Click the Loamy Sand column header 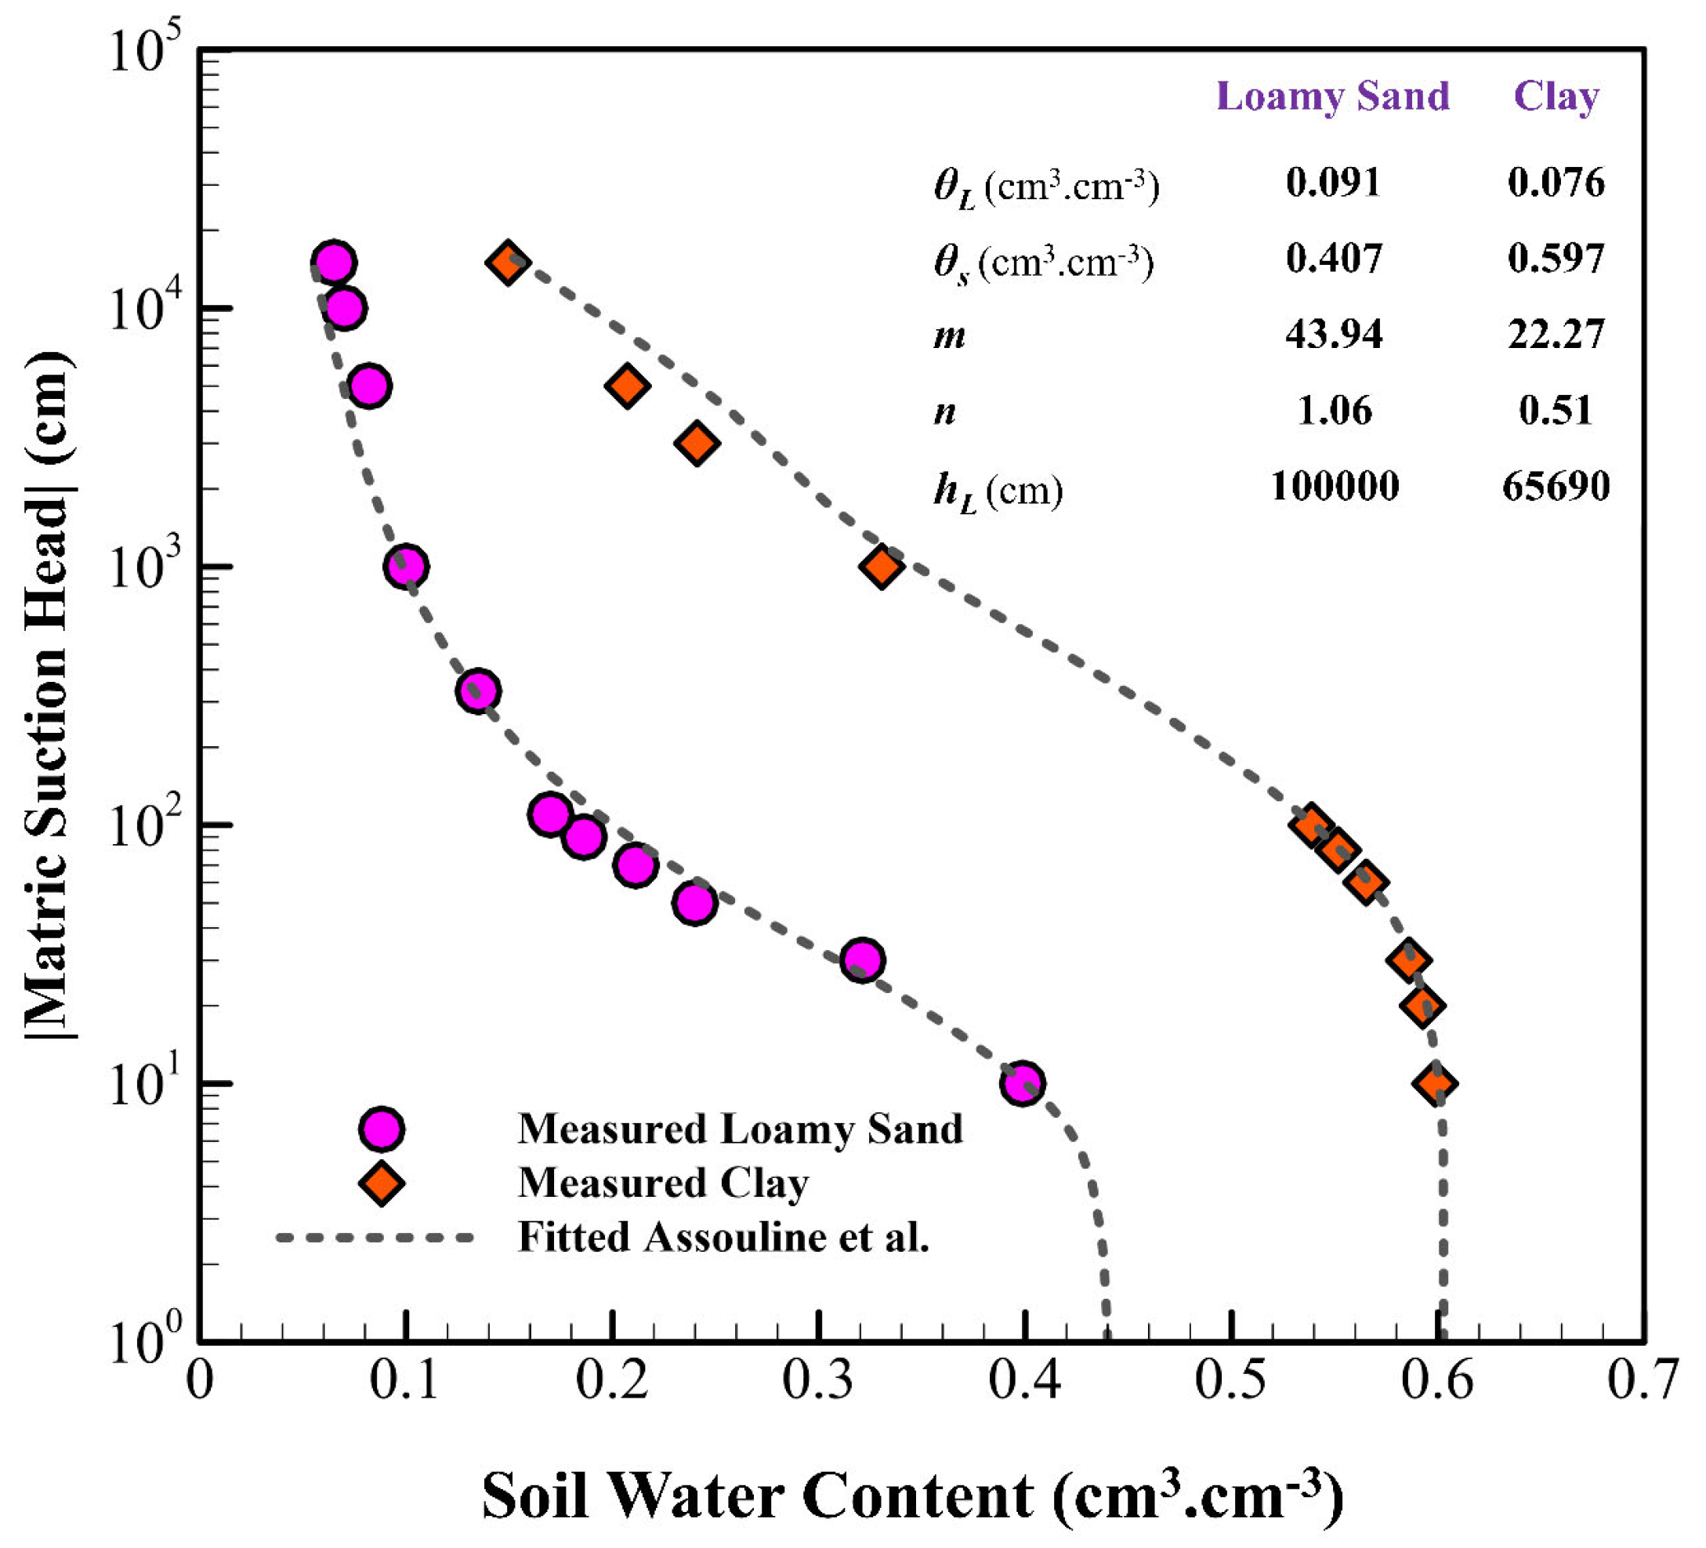(x=1333, y=96)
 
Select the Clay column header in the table (x=1556, y=96)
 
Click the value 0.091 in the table (x=1333, y=183)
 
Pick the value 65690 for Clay (x=1556, y=486)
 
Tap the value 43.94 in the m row (x=1334, y=335)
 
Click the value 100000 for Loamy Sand (x=1335, y=486)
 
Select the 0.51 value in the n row (x=1556, y=410)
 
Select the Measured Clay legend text (x=663, y=1184)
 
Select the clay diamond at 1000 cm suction (x=881, y=566)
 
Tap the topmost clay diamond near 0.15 (x=507, y=263)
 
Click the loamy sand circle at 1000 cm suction (x=405, y=566)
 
